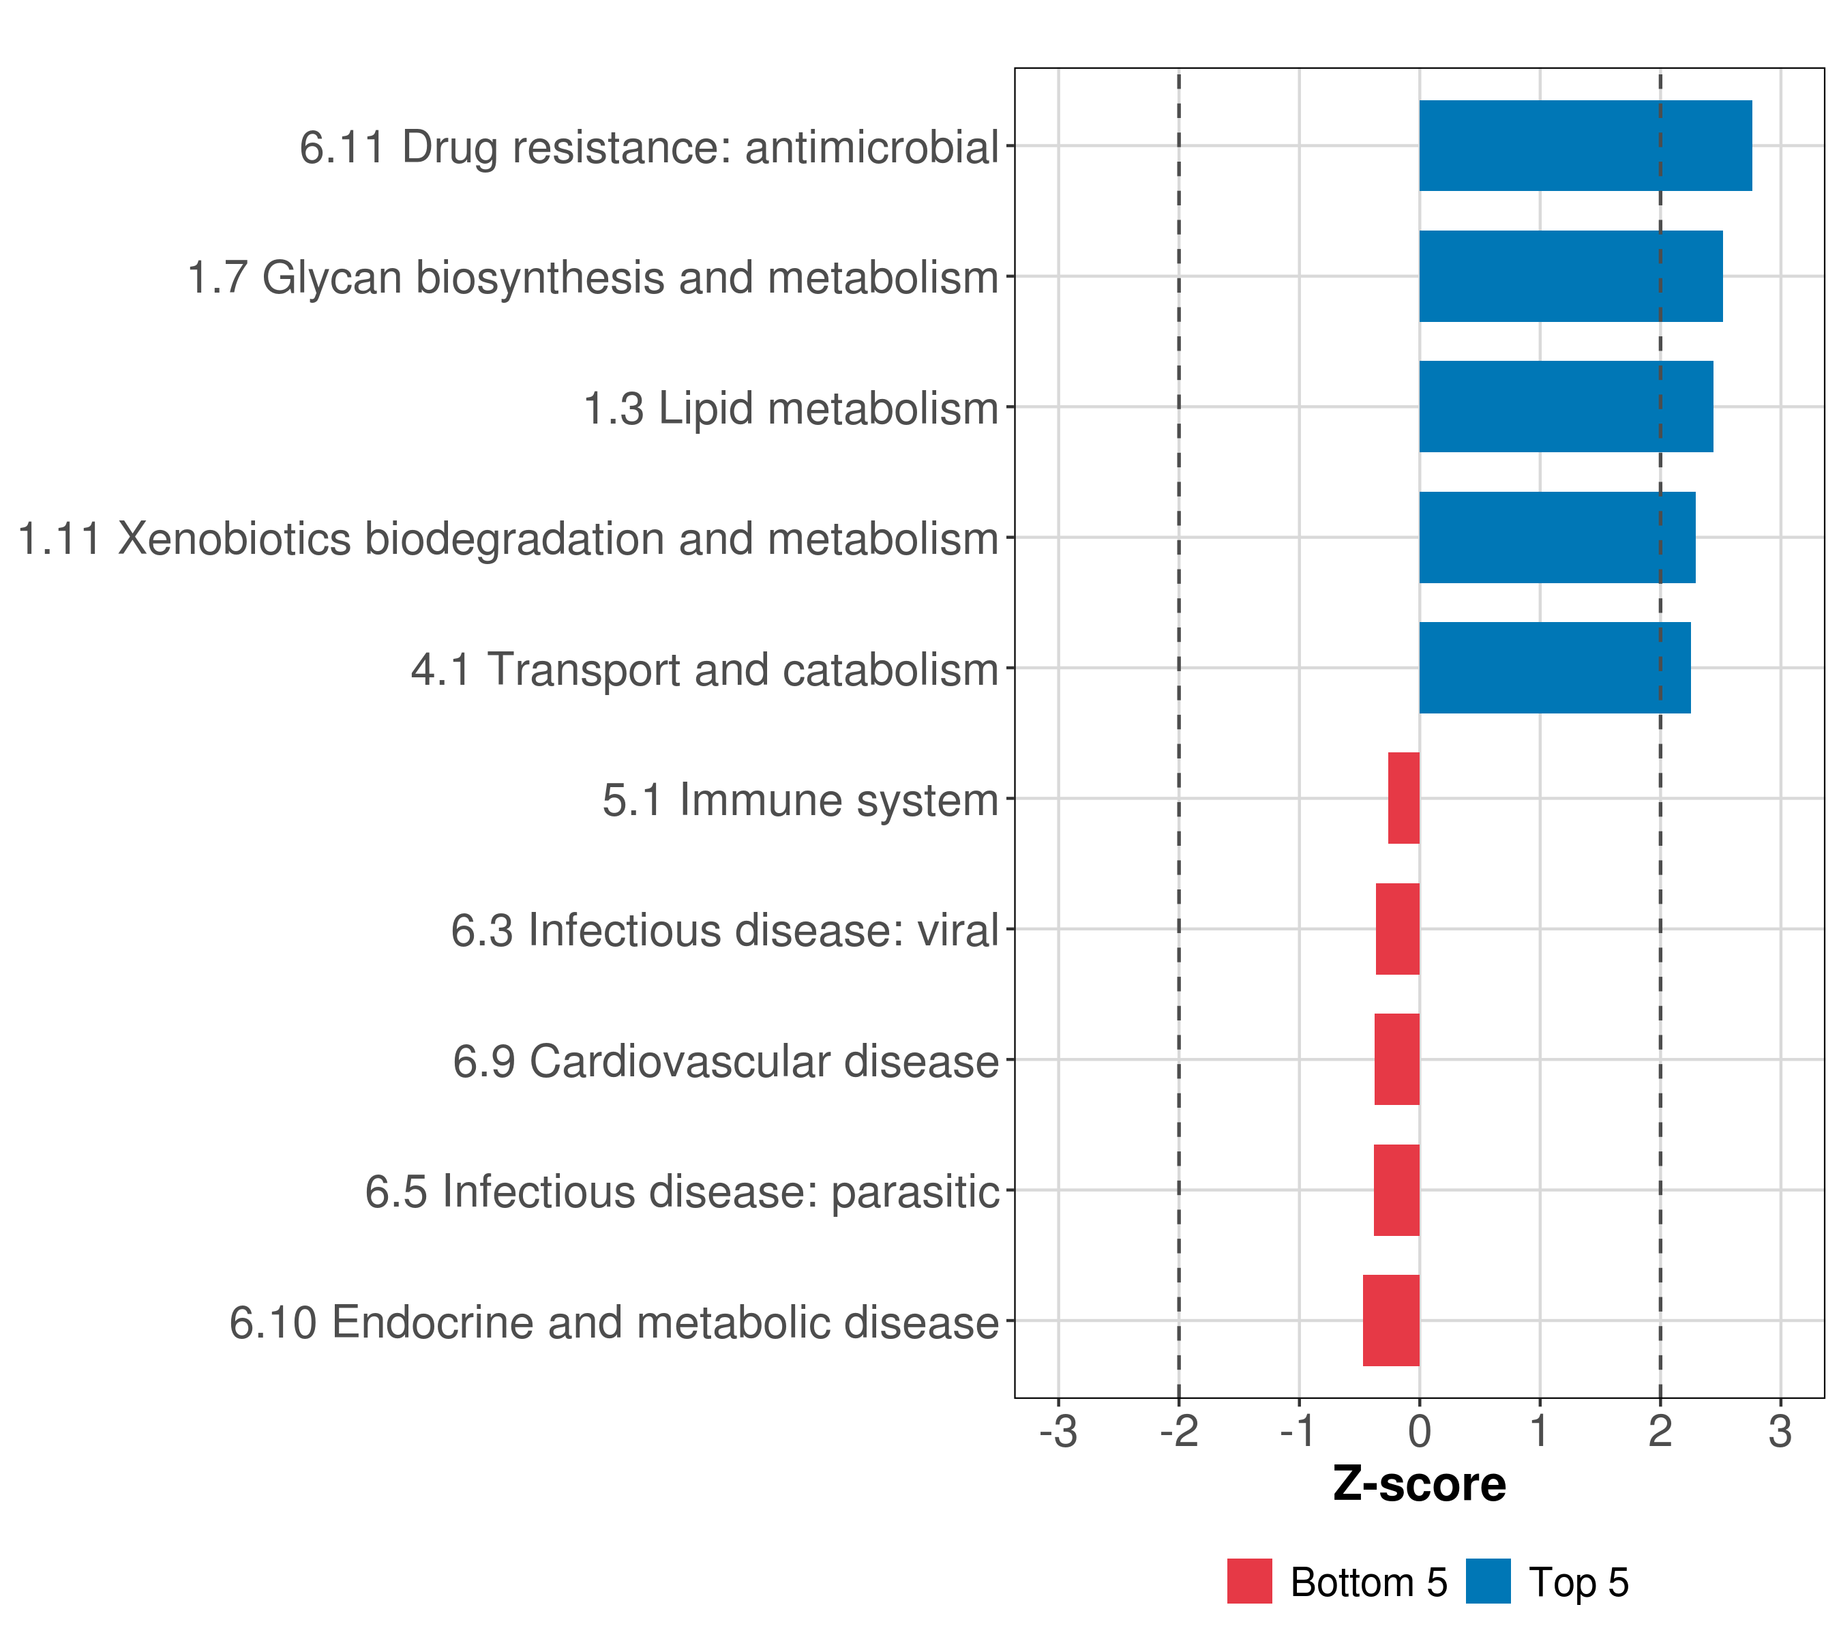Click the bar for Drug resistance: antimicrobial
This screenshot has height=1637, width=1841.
(x=1585, y=146)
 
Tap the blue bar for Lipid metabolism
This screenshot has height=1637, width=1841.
(x=1566, y=407)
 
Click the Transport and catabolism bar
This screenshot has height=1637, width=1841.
(x=1555, y=668)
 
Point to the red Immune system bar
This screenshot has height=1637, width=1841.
(x=1403, y=798)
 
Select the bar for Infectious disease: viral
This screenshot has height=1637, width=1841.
(x=1398, y=929)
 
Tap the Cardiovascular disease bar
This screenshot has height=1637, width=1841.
(x=1397, y=1059)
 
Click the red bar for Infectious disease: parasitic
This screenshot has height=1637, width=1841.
(x=1397, y=1190)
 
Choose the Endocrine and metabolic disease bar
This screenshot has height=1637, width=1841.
(x=1392, y=1321)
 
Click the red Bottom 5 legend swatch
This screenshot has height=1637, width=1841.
(x=1250, y=1581)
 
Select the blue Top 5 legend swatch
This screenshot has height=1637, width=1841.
(x=1488, y=1581)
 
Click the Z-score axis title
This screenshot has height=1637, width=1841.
(x=1420, y=1485)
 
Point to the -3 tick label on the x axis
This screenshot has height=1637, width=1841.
(x=1058, y=1431)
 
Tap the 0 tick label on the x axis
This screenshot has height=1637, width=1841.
(x=1420, y=1431)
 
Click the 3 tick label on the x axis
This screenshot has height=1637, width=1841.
(x=1780, y=1431)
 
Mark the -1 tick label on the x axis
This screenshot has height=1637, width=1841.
(x=1299, y=1431)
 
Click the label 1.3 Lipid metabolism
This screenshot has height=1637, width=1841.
(x=792, y=408)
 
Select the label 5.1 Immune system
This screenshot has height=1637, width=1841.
(x=800, y=800)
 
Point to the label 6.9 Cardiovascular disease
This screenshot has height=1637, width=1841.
(x=726, y=1061)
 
